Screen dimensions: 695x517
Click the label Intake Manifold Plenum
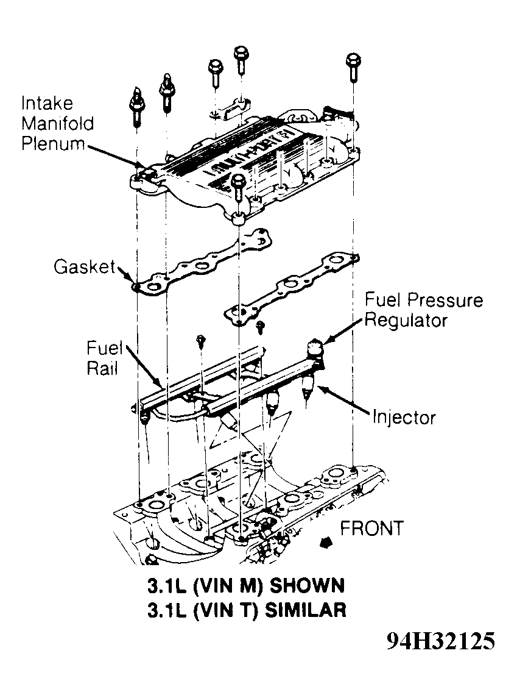(x=58, y=124)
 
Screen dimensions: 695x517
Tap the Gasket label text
(x=83, y=266)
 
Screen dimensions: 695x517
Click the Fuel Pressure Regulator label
(x=423, y=310)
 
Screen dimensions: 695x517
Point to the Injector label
(x=404, y=418)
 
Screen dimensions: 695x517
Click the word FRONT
(x=371, y=528)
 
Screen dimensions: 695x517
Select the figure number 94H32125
(x=440, y=641)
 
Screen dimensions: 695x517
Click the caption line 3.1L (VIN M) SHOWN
(x=245, y=586)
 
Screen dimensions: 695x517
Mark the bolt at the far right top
(x=353, y=66)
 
